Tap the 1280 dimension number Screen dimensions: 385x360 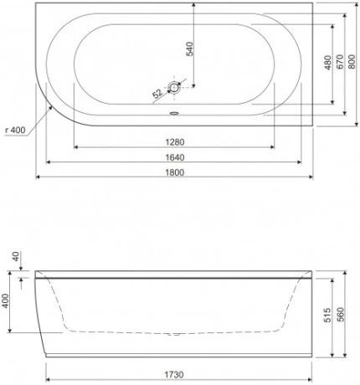174,141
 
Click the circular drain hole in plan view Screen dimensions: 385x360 175,87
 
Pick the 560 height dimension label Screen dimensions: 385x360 341,316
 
